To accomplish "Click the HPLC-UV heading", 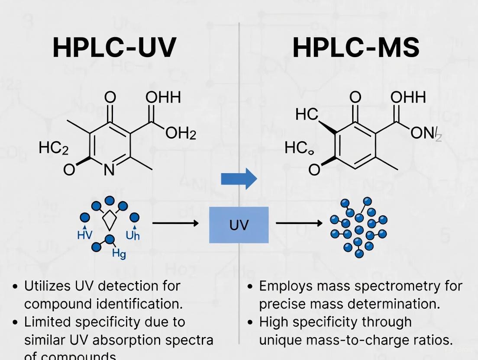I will [x=114, y=47].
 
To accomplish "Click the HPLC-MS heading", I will [x=356, y=47].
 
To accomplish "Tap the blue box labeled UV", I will [x=239, y=225].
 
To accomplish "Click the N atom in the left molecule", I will [x=110, y=170].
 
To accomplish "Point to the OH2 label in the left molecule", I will [x=181, y=134].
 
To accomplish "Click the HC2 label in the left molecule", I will [x=53, y=148].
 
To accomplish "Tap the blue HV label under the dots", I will [x=84, y=235].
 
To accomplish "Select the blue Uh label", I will [x=132, y=235].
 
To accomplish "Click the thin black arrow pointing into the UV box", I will [x=175, y=223].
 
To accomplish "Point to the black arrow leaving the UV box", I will [x=299, y=223].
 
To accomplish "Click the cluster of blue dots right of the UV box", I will [x=358, y=225].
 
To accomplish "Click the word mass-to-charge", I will [x=346, y=340].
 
